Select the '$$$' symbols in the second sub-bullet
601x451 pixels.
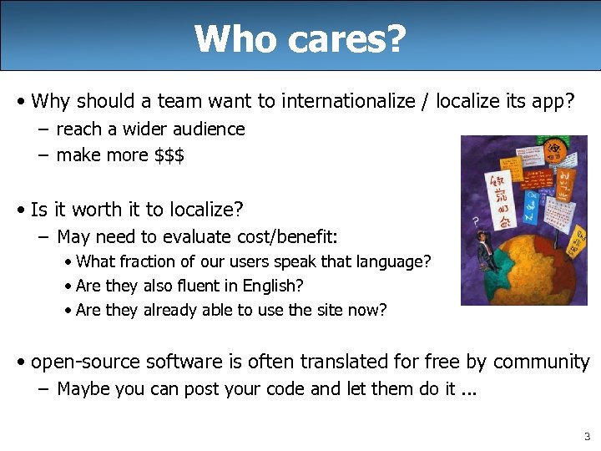click(169, 155)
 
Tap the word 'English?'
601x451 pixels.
click(273, 286)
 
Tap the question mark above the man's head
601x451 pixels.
click(476, 221)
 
